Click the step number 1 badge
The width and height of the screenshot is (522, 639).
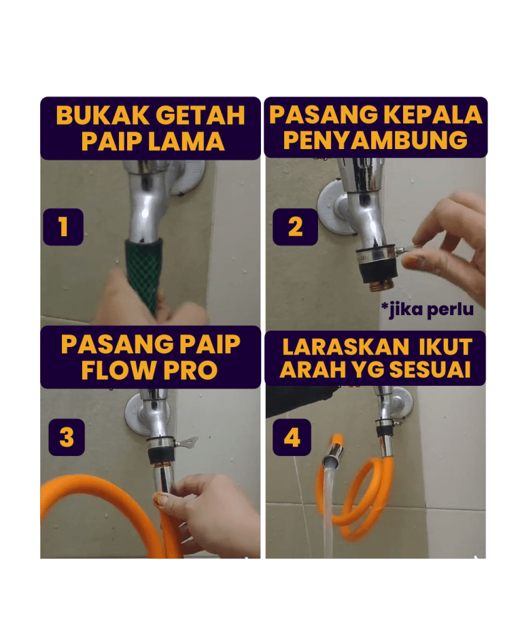(x=63, y=227)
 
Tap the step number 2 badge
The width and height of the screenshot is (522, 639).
(x=295, y=227)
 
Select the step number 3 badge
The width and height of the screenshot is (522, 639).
(x=67, y=438)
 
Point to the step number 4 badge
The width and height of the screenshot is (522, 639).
(x=292, y=438)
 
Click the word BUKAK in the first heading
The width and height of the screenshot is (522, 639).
(x=103, y=115)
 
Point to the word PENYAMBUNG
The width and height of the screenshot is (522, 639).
(x=375, y=140)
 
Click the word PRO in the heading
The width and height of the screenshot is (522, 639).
(x=190, y=370)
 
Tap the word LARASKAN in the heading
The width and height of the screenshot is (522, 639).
(x=346, y=347)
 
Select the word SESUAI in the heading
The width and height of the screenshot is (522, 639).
(x=430, y=370)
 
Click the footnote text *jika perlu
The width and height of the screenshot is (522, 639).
(x=428, y=310)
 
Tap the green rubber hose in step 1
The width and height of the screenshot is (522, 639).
(x=144, y=274)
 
